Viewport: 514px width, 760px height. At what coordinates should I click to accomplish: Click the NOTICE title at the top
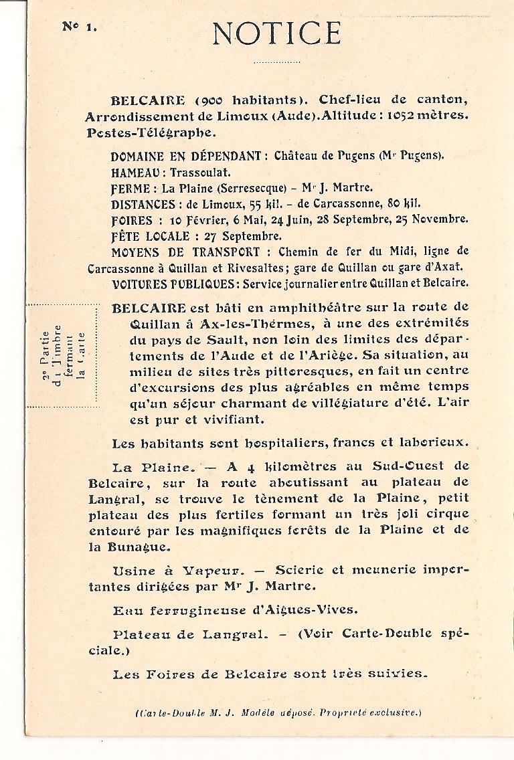[276, 33]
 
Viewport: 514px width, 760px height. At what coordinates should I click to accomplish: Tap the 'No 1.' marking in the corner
[79, 26]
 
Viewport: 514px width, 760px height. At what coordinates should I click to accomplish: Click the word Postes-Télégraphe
[151, 132]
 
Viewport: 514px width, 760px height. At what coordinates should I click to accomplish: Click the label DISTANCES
[143, 203]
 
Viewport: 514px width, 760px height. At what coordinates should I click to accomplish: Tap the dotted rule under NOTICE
[276, 62]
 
